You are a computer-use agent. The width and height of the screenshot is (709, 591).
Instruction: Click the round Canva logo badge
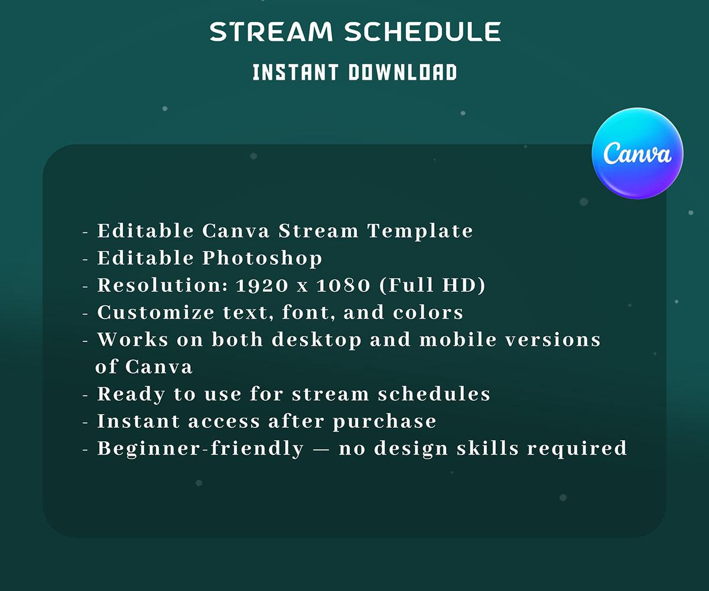[638, 153]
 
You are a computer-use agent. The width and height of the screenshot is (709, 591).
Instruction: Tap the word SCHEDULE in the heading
[423, 32]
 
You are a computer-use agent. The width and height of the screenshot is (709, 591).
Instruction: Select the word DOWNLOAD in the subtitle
[402, 73]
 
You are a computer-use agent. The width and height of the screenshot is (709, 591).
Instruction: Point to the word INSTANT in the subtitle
[295, 73]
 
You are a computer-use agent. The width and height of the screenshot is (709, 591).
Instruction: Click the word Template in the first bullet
[420, 231]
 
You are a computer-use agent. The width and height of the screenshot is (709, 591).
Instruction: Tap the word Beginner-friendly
[200, 449]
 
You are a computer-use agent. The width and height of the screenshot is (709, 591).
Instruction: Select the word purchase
[385, 422]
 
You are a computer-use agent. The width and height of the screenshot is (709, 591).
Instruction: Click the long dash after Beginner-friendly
[321, 449]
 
